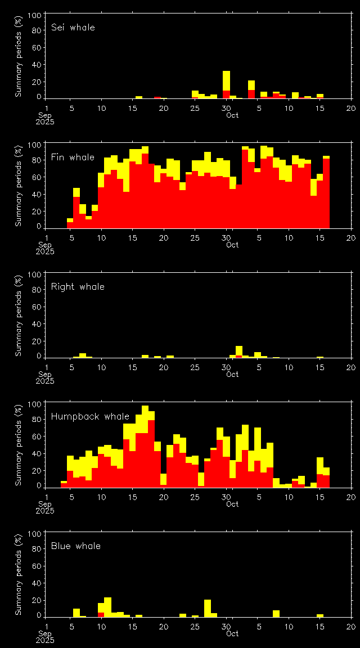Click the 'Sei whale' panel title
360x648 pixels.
tap(73, 27)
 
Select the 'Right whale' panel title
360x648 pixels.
tap(78, 286)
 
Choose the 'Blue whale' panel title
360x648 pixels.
tap(76, 546)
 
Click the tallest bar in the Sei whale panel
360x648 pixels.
tap(226, 84)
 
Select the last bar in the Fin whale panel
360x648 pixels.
tap(326, 192)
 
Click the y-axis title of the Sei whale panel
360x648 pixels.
tap(18, 56)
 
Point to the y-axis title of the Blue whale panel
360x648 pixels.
tap(18, 574)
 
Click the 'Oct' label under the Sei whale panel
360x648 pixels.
tap(232, 115)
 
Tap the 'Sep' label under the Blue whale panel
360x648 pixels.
tap(46, 633)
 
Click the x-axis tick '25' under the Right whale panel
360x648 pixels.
tap(195, 367)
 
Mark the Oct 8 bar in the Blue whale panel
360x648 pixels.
tap(276, 613)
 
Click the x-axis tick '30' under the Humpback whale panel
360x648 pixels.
tap(226, 497)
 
